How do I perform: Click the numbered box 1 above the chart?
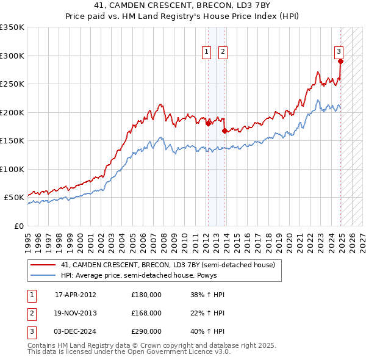click(207, 52)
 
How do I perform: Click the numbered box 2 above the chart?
click(223, 52)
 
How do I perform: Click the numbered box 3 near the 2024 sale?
click(339, 52)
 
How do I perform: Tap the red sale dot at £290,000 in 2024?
click(340, 61)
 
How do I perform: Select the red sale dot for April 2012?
click(208, 123)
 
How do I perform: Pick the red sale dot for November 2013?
click(224, 130)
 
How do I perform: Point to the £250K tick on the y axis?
click(13, 84)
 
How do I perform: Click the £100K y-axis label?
click(13, 169)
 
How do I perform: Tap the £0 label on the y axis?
click(20, 226)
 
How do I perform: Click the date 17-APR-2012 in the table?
click(76, 295)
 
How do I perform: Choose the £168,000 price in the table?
click(146, 313)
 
